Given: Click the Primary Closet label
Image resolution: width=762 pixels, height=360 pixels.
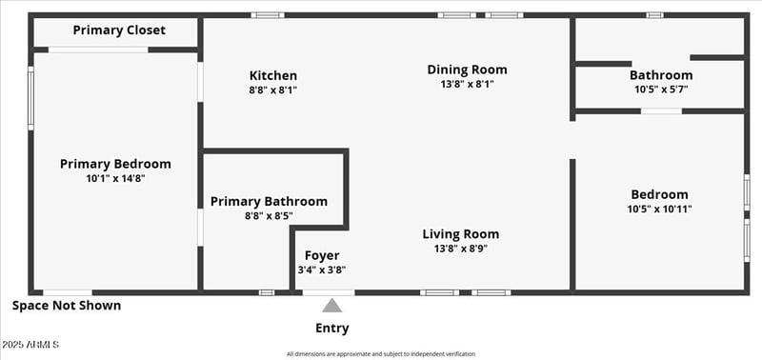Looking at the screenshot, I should point(119,30).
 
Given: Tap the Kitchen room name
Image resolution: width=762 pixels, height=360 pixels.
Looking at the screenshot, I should point(273,76).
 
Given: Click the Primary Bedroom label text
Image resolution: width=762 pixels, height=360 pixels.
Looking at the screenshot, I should point(115,164).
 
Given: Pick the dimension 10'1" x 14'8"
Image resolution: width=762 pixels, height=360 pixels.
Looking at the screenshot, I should point(115,178).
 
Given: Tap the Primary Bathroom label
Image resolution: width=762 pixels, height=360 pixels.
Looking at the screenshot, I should point(269,202).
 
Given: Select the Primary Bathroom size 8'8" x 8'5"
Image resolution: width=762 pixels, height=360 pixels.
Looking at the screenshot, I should point(269,216).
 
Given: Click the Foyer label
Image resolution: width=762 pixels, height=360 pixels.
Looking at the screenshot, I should point(322,255).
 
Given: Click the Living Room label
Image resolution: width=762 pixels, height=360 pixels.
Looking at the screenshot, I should point(461,234).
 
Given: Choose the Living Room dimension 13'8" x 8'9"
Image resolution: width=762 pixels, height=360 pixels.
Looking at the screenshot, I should point(461,249).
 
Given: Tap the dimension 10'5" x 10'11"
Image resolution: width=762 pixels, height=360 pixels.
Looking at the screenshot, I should point(659,210).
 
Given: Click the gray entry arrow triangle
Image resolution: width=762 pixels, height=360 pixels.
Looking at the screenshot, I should point(331,306).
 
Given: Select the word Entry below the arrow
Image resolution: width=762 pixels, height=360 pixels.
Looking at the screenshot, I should point(331,329).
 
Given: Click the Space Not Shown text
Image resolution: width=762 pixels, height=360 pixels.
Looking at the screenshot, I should point(67,307).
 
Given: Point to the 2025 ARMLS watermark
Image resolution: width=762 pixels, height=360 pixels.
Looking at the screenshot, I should point(30,344).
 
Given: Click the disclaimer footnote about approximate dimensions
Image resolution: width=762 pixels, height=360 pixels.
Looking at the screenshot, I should point(381,354).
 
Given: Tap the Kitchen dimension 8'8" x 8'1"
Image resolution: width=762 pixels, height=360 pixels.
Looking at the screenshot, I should point(273,90).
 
